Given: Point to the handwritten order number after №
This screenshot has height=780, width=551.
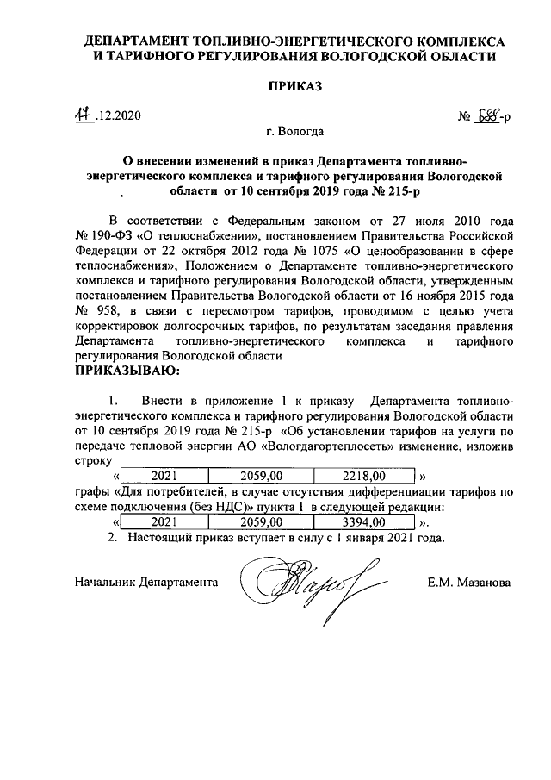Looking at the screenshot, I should pyautogui.click(x=490, y=115).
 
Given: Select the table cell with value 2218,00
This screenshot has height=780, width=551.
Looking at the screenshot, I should pyautogui.click(x=364, y=475).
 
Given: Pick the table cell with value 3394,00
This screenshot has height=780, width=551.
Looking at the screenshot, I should pyautogui.click(x=364, y=522).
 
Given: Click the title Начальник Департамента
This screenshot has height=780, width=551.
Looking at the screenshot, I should pyautogui.click(x=145, y=583).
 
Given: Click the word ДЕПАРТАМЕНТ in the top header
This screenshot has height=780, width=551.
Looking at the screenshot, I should pyautogui.click(x=140, y=41).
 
